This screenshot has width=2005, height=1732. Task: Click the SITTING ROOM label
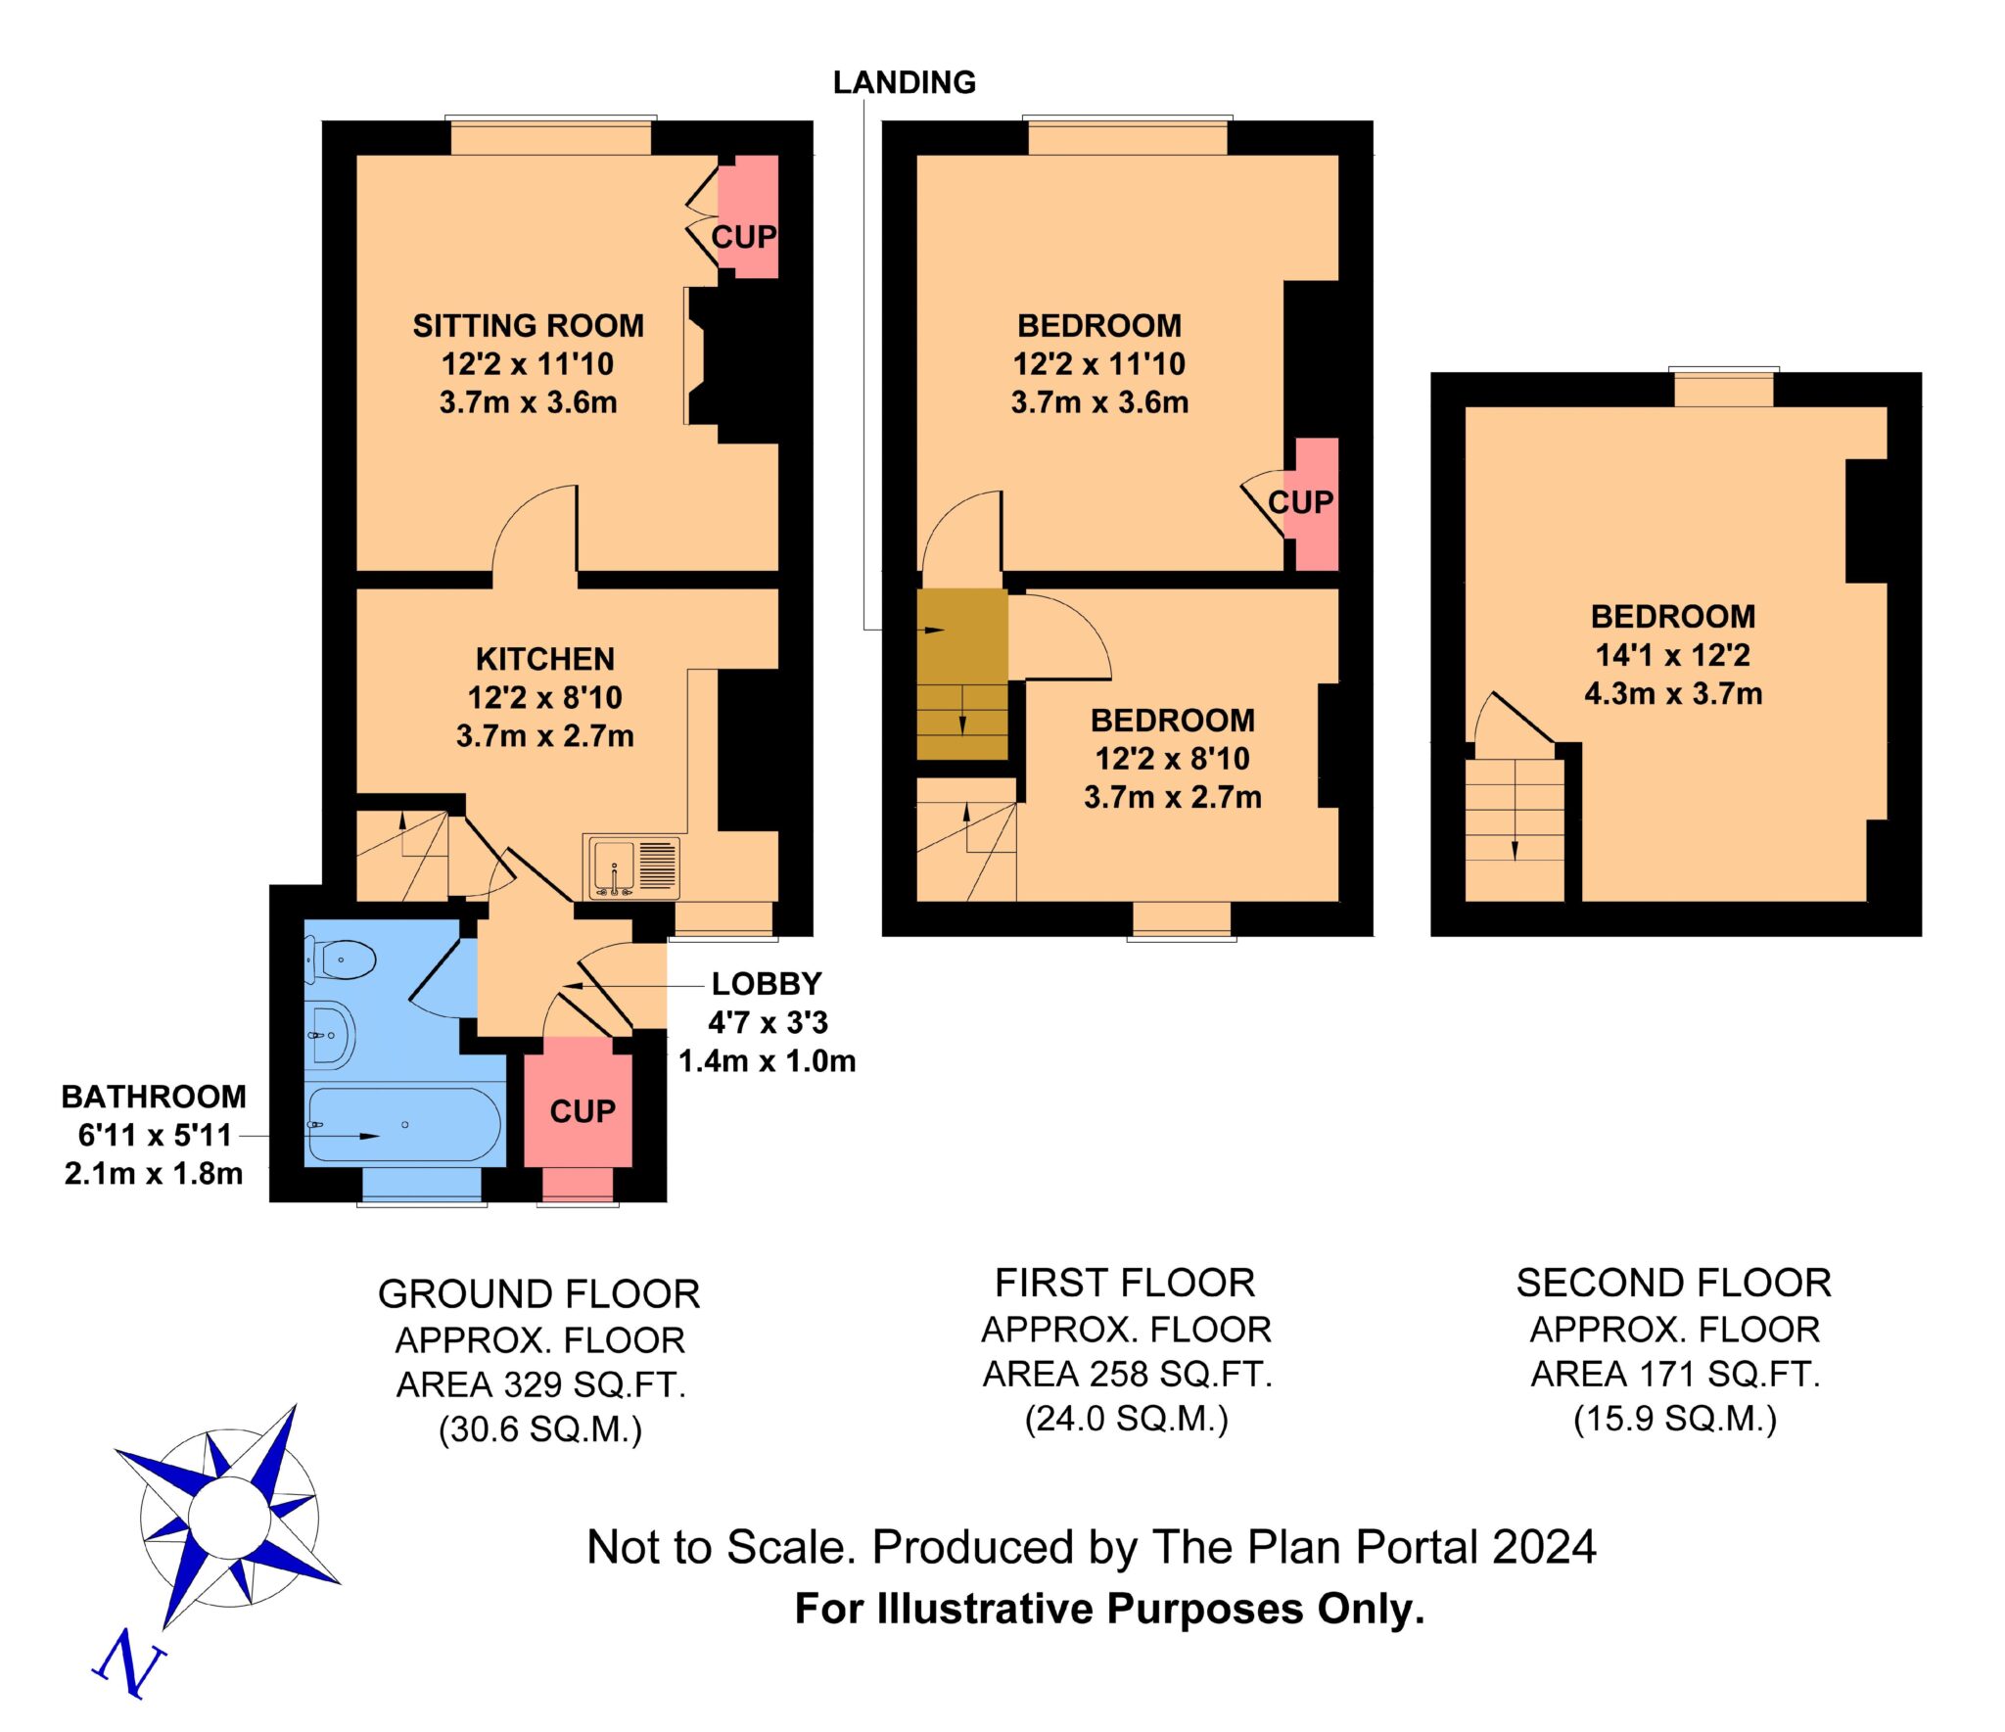[528, 325]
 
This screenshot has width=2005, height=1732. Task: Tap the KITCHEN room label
[545, 658]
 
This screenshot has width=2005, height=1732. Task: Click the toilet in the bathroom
[340, 960]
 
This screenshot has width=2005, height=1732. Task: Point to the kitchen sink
[632, 866]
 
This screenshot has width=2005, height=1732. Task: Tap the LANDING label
[904, 82]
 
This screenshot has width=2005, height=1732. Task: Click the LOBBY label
[767, 983]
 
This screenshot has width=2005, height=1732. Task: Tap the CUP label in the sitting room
[744, 236]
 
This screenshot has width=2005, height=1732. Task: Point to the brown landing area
[961, 674]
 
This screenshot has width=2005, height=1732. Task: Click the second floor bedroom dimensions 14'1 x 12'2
[1673, 654]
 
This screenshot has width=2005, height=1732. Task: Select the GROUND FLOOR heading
[539, 1294]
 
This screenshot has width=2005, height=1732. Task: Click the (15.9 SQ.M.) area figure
[1675, 1419]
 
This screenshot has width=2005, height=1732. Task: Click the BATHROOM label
[154, 1097]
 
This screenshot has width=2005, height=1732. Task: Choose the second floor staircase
[1515, 829]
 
